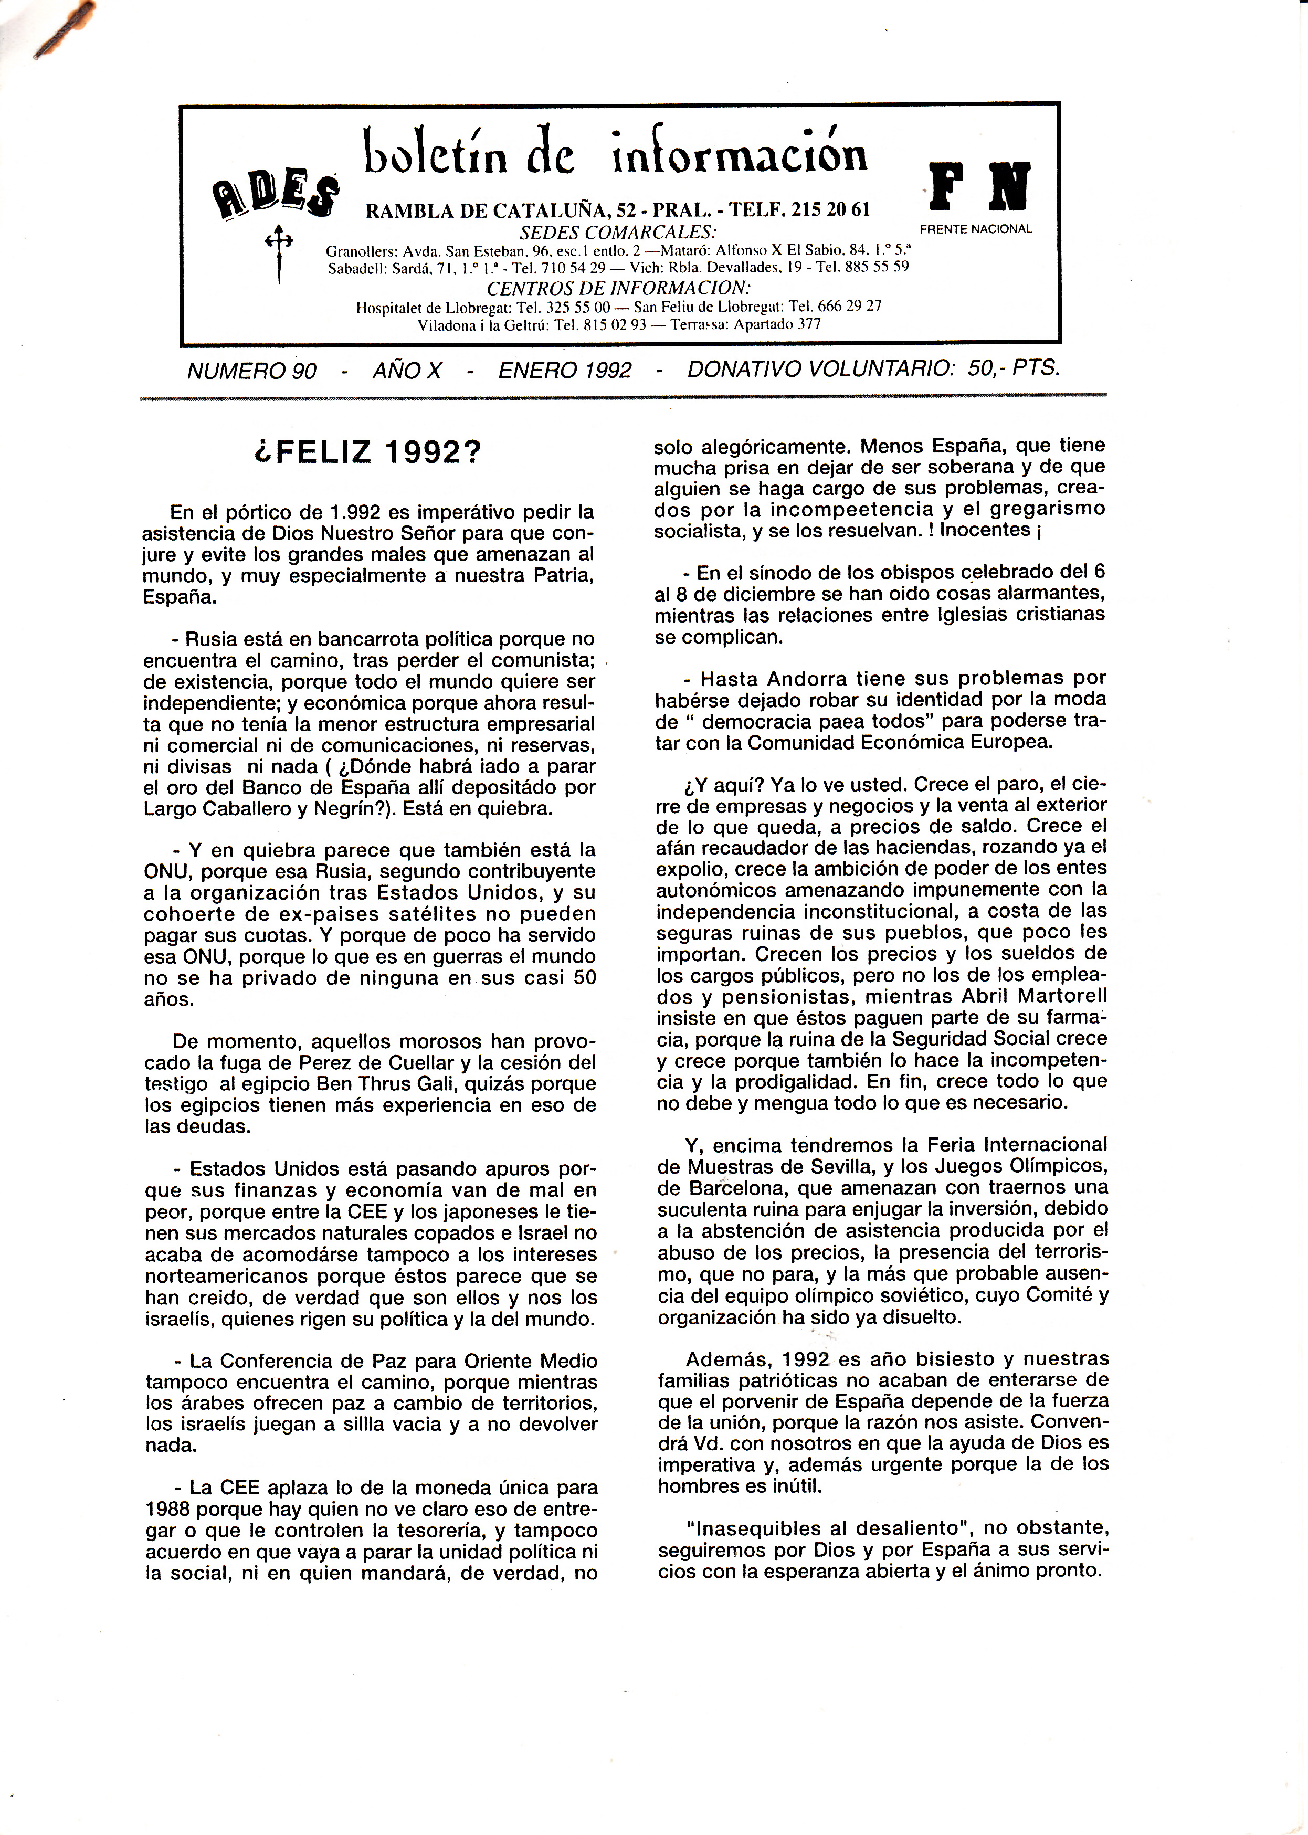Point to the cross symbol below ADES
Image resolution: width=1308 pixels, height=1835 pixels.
click(279, 250)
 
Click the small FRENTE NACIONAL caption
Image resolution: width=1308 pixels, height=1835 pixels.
click(975, 229)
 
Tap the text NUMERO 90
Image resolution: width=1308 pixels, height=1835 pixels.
click(252, 371)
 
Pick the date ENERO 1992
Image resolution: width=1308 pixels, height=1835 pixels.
click(565, 371)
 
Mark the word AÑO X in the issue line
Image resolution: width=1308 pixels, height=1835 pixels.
click(407, 371)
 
